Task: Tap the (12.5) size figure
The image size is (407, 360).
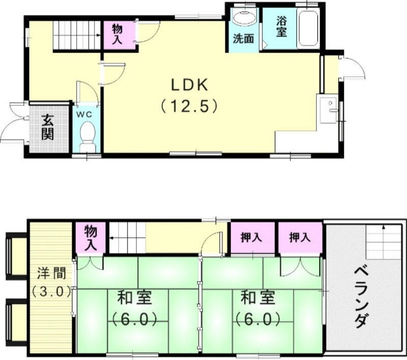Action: point(190,106)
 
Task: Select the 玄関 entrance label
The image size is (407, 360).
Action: point(48,127)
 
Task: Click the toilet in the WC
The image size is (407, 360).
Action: point(88,134)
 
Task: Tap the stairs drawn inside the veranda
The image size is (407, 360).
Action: point(380,241)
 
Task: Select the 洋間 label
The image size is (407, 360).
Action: point(50,273)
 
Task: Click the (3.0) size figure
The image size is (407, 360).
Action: point(50,292)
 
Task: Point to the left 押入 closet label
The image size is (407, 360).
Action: point(251,238)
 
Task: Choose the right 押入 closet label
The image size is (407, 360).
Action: point(299,237)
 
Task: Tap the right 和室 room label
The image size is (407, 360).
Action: point(257,296)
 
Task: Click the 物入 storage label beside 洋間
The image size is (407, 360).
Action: point(91,237)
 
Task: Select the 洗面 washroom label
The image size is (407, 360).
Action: point(244,39)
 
